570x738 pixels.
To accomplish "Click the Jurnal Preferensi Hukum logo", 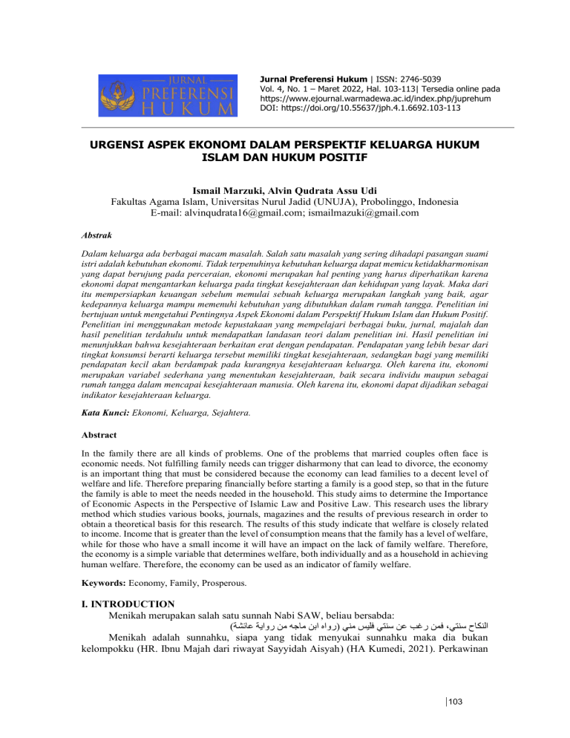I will (x=168, y=95).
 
